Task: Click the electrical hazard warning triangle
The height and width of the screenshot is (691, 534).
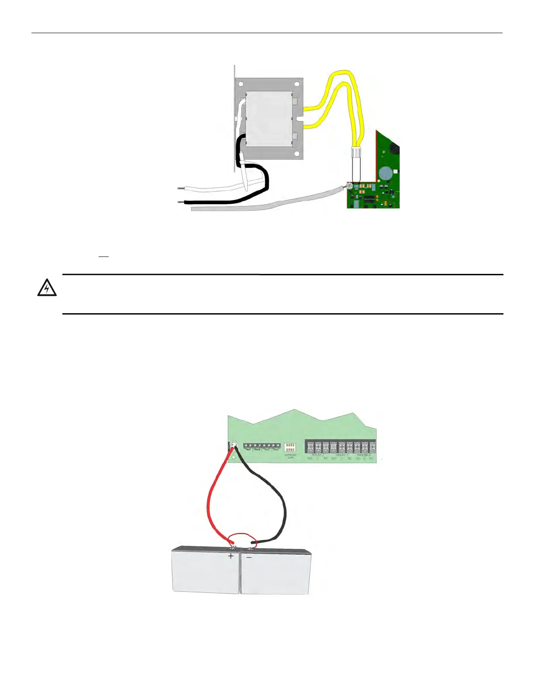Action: (x=47, y=288)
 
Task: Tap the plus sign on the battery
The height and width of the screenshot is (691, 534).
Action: (x=231, y=556)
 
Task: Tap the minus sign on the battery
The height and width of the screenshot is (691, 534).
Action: (x=249, y=557)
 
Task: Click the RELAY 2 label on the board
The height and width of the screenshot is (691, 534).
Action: (x=318, y=455)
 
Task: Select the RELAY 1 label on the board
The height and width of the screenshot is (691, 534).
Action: (x=342, y=455)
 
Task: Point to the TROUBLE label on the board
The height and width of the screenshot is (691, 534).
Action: (x=364, y=455)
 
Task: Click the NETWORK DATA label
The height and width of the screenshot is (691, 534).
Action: (x=290, y=456)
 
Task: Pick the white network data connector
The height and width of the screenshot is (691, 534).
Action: (x=290, y=447)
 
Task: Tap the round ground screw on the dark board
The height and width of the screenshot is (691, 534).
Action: (x=350, y=187)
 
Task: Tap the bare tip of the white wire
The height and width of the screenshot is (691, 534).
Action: (x=181, y=189)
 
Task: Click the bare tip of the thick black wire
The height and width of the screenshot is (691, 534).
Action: (x=181, y=202)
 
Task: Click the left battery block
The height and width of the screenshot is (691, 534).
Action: (x=205, y=570)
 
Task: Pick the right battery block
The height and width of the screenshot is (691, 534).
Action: (x=276, y=571)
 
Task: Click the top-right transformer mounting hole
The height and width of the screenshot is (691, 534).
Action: (x=296, y=84)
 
